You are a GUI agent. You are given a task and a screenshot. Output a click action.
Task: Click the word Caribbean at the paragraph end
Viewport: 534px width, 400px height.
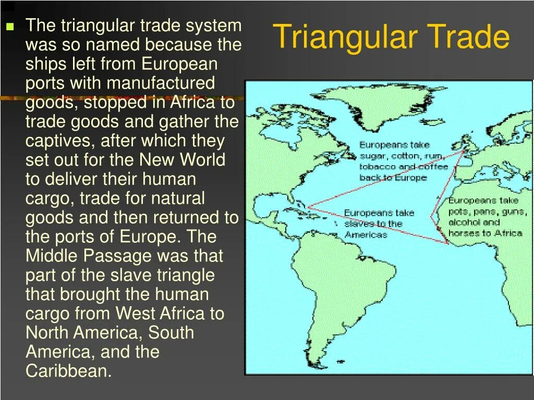pos(69,371)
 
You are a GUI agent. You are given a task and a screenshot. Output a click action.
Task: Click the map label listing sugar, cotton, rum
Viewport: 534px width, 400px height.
pos(403,161)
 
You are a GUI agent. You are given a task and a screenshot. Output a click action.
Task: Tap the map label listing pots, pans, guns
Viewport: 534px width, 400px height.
pos(485,217)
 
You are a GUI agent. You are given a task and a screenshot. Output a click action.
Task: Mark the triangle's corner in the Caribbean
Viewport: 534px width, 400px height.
pos(308,207)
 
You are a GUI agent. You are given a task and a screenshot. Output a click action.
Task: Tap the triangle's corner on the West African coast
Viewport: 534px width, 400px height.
pos(447,243)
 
